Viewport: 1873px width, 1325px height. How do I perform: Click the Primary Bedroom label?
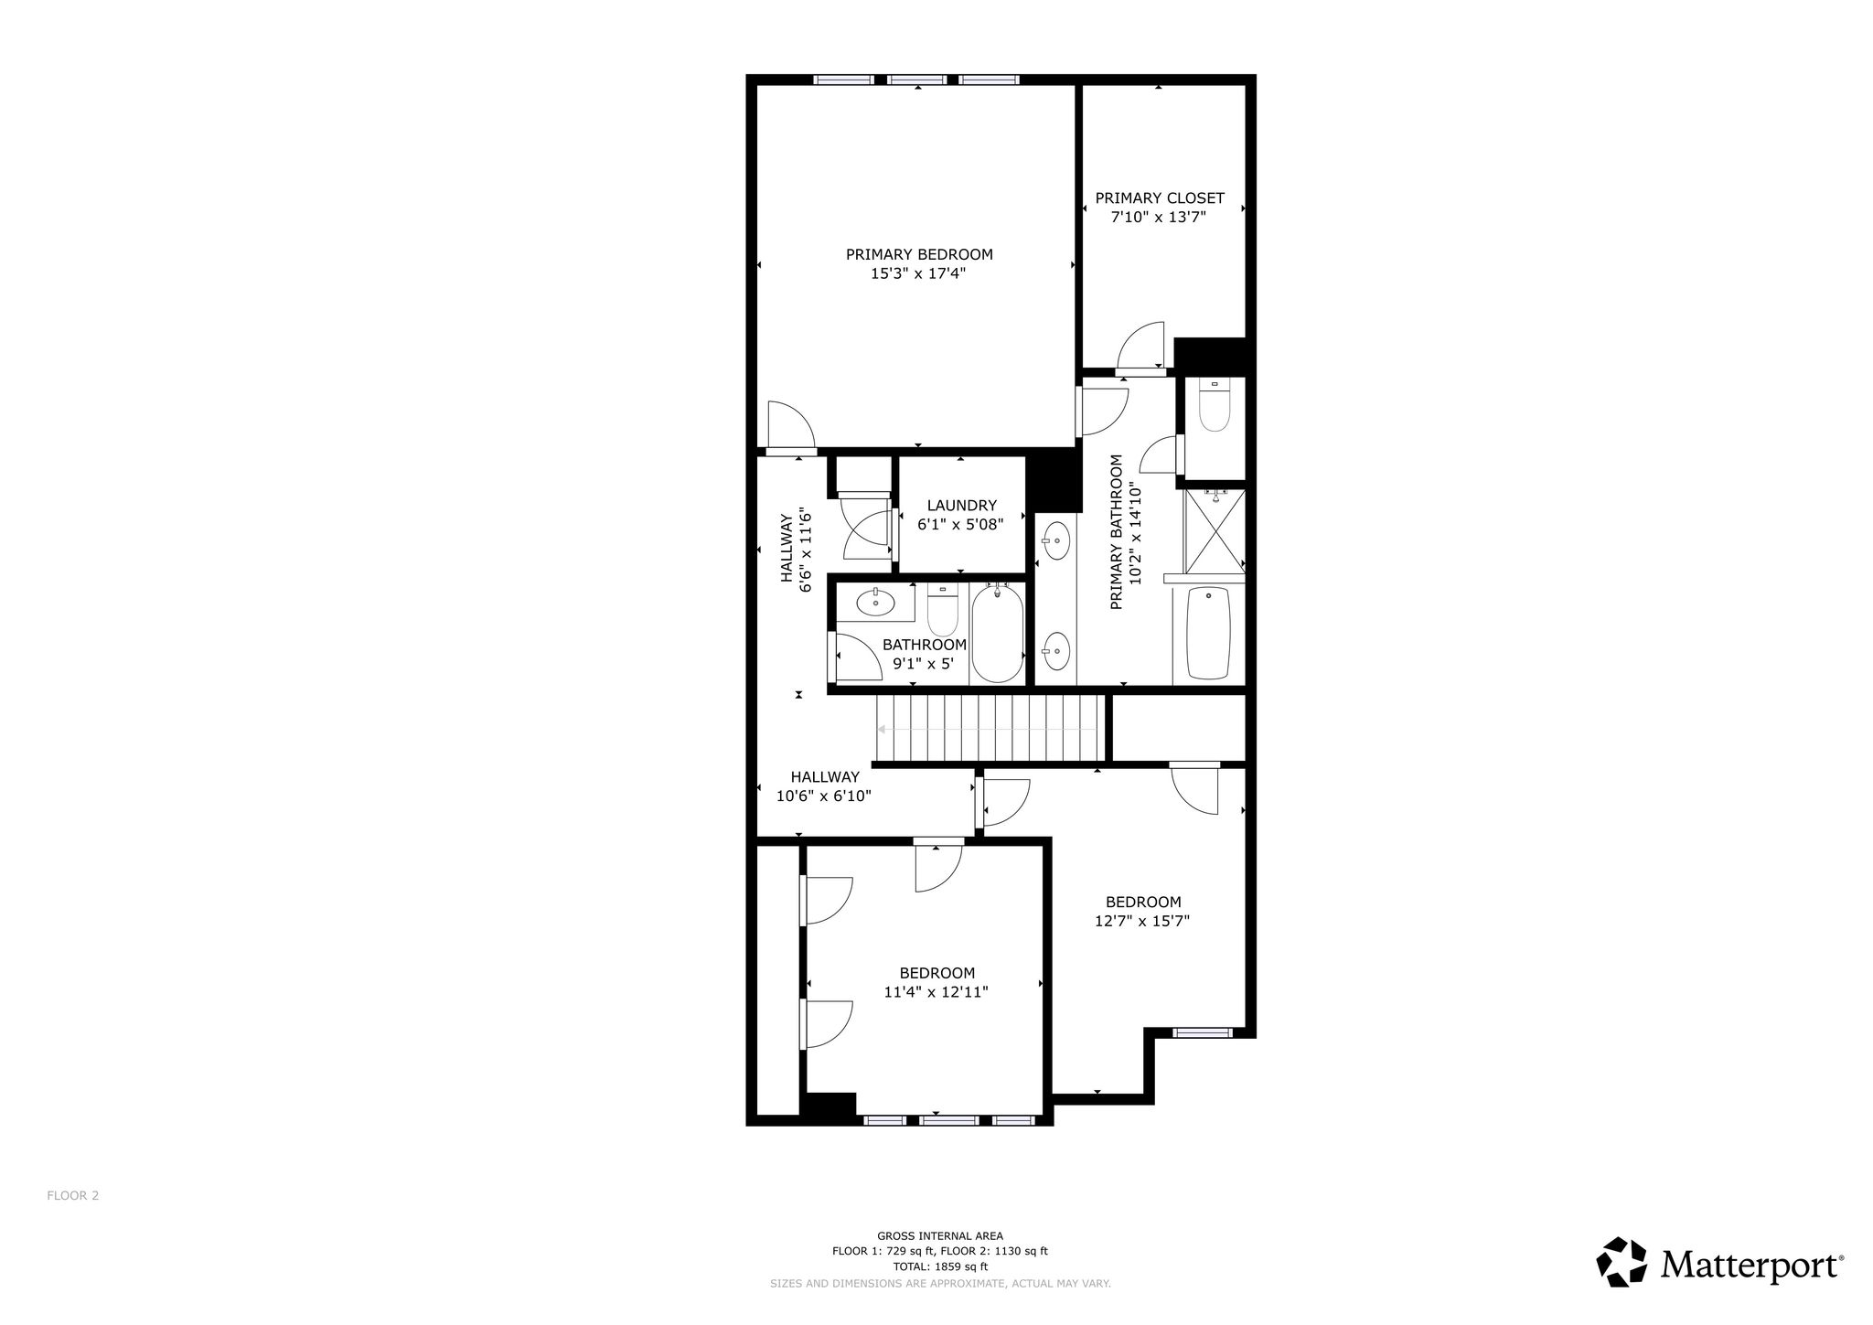tap(918, 254)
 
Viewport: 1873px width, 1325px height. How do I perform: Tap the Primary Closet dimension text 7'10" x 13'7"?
tap(1159, 218)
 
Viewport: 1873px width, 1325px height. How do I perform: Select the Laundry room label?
tap(961, 506)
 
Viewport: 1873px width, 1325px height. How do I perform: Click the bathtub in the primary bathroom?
tap(1208, 634)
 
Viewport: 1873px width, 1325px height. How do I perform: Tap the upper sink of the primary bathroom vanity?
tap(1055, 540)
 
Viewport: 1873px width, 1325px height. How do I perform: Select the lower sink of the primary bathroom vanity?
tap(1055, 650)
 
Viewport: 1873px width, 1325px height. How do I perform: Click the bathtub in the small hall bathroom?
tap(996, 633)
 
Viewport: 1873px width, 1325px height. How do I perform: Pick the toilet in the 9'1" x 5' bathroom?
tap(942, 611)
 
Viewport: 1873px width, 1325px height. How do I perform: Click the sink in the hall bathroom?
tap(876, 602)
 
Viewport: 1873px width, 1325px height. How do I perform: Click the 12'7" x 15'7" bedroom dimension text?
tap(1142, 921)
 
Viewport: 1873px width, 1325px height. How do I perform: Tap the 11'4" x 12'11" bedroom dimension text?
tap(936, 992)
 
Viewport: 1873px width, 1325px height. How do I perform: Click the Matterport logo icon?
tap(1621, 1262)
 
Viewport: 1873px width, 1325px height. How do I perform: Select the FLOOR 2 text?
tap(73, 1195)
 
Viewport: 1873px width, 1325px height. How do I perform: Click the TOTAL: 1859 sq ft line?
tap(940, 1266)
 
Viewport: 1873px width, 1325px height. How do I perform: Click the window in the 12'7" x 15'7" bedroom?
tap(1203, 1032)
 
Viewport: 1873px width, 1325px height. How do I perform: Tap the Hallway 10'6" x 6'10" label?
tap(824, 786)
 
